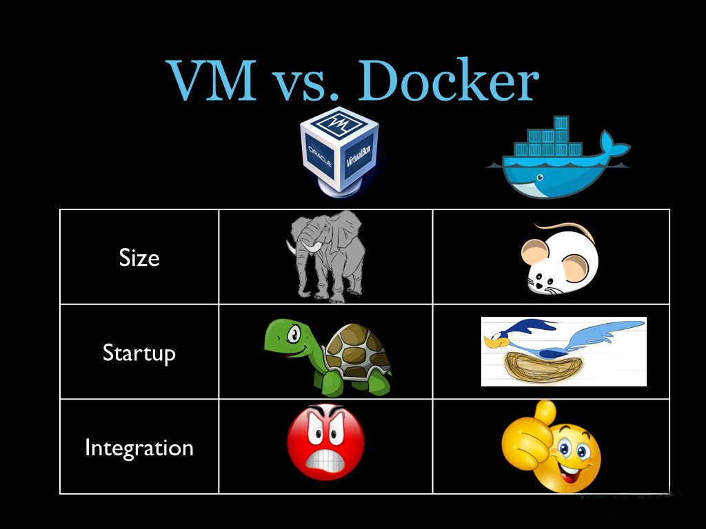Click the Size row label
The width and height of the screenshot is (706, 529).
(139, 258)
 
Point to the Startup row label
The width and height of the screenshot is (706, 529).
(139, 353)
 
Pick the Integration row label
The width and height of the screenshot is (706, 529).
(139, 448)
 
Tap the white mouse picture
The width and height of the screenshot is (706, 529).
(558, 259)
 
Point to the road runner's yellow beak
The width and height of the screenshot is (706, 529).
(490, 340)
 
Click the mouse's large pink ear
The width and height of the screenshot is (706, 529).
(537, 255)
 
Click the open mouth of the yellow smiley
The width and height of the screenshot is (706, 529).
(572, 474)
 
